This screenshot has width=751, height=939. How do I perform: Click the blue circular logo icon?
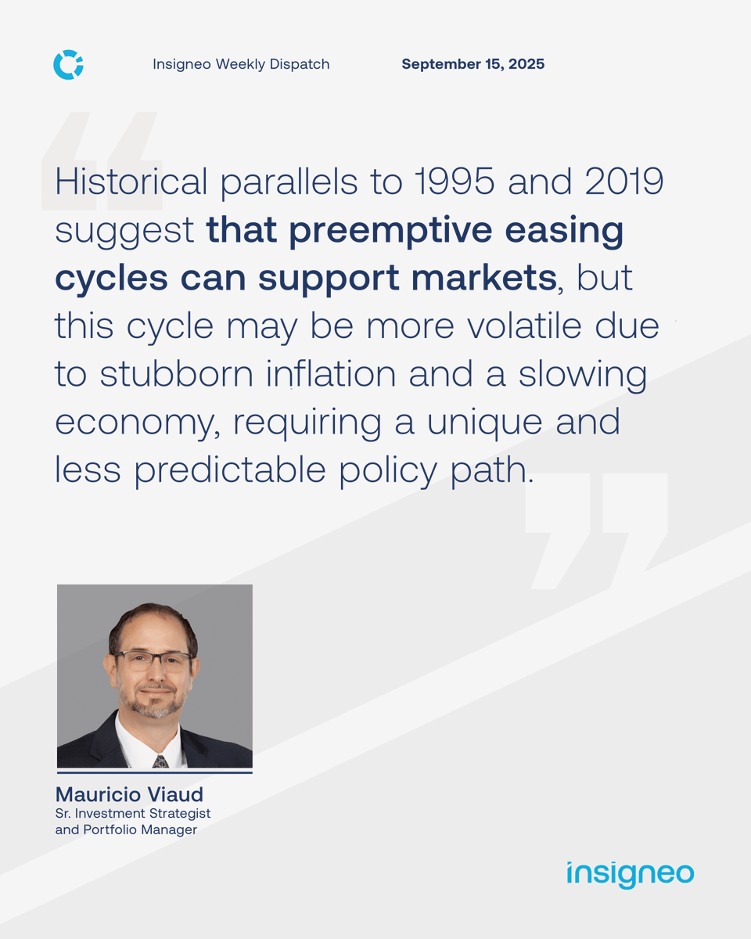pos(68,64)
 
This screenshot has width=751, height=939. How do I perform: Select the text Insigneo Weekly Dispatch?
pos(241,64)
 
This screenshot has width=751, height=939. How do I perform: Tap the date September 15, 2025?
pos(473,64)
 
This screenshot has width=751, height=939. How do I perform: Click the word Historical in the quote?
pos(131,183)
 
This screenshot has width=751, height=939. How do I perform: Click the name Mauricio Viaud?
pos(129,795)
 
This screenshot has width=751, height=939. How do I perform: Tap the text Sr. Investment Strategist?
pos(133,814)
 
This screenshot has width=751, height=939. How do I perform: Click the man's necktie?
pos(160,760)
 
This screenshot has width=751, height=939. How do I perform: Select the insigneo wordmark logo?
pos(630,874)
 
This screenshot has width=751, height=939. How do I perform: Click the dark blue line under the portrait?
pos(154,772)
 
